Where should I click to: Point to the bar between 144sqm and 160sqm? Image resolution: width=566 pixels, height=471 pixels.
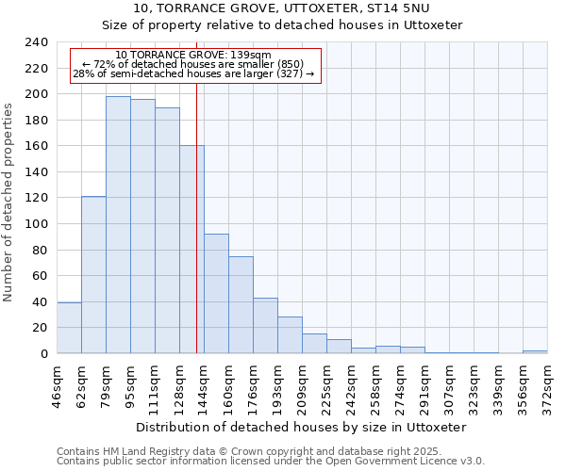click(x=216, y=293)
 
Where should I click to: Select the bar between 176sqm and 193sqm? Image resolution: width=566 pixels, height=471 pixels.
click(x=265, y=325)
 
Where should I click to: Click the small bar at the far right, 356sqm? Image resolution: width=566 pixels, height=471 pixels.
click(x=535, y=351)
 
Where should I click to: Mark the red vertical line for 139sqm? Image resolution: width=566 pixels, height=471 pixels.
click(x=196, y=235)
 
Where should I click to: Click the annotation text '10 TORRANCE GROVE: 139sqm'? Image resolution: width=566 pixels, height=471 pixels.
click(x=193, y=56)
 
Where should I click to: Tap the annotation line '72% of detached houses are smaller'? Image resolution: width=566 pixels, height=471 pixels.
click(x=193, y=64)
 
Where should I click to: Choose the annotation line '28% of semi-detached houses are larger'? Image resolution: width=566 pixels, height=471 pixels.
click(x=193, y=73)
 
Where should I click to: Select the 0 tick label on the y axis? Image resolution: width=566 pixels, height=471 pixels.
click(x=43, y=353)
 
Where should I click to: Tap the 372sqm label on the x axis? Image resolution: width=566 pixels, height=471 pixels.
click(x=548, y=387)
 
